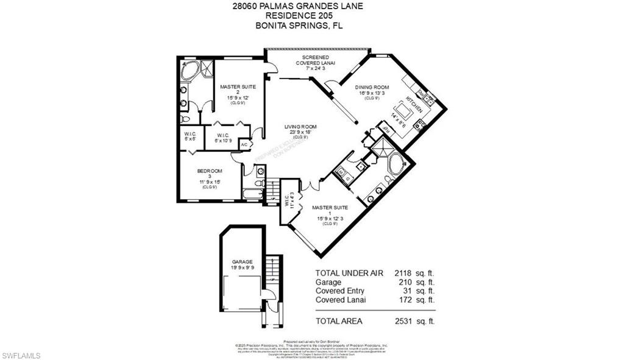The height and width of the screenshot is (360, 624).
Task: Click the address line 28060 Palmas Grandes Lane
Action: click(x=311, y=6)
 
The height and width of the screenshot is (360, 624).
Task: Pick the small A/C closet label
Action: click(x=244, y=144)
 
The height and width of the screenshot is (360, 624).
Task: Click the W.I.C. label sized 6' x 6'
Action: click(x=190, y=136)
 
